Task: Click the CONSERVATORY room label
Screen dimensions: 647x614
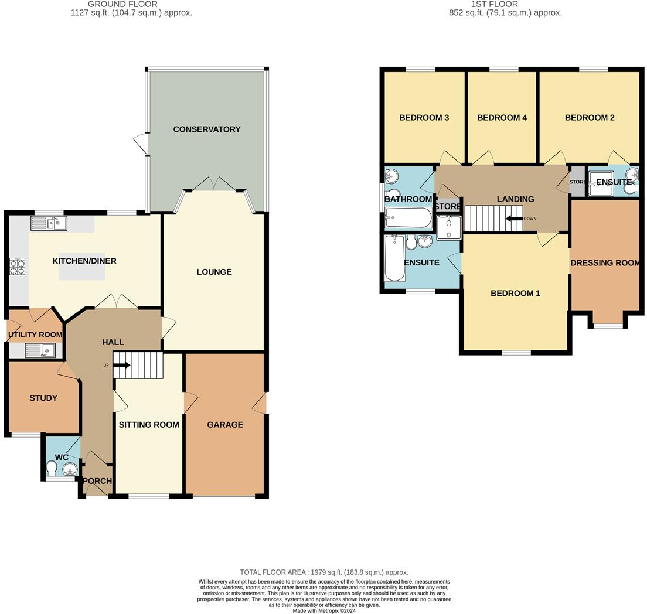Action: tap(207, 129)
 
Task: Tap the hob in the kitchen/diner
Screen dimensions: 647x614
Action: tap(18, 266)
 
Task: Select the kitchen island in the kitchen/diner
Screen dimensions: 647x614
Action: tap(81, 266)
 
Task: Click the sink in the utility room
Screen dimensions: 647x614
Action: tap(40, 351)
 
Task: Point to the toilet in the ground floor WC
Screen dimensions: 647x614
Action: tap(52, 468)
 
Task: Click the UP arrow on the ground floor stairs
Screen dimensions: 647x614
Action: tap(122, 366)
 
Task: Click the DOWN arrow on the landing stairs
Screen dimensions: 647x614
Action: tap(515, 219)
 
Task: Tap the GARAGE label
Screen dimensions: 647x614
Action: tap(225, 425)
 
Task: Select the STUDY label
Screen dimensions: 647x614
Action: tap(43, 398)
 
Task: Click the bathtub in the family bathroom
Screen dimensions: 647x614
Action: tap(408, 218)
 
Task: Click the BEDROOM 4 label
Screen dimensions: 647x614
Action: tap(502, 118)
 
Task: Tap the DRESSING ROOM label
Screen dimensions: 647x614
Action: tap(605, 263)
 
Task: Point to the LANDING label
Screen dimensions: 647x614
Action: tap(515, 199)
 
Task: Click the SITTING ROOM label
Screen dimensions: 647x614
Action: tap(149, 425)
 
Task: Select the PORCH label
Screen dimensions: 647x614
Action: tap(97, 481)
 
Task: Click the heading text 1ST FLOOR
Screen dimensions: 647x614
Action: tap(494, 4)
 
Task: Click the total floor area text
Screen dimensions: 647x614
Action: tap(324, 572)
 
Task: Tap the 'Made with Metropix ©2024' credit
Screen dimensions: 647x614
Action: tap(324, 610)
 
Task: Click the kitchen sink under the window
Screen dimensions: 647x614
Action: tap(49, 224)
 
